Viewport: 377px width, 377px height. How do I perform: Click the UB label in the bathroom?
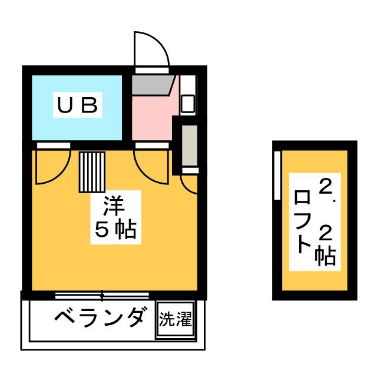pos(77,106)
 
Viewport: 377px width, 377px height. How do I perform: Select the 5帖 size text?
pos(115,230)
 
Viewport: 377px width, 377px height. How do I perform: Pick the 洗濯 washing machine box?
pos(175,321)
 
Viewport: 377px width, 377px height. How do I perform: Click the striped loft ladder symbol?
pos(92,171)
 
